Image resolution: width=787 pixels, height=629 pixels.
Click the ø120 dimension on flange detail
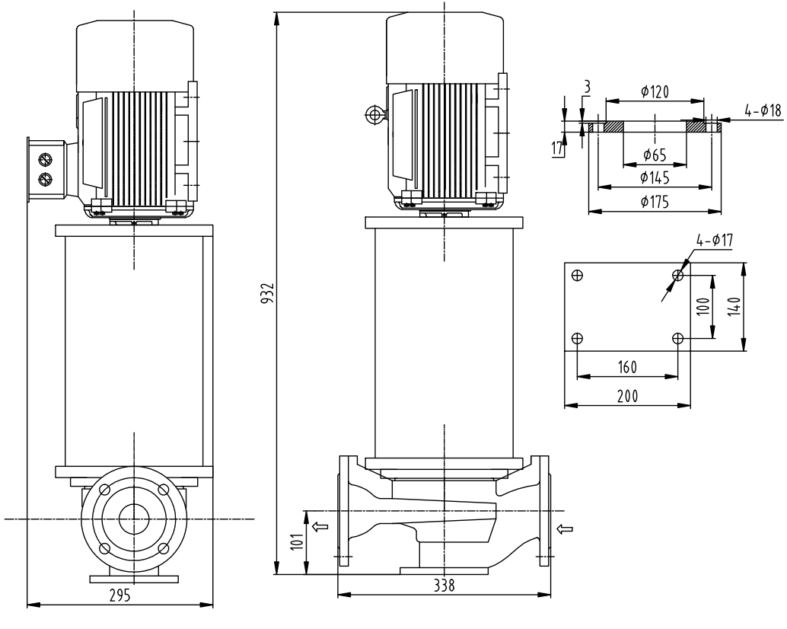(x=655, y=92)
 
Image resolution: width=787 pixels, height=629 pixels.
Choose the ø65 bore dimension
(x=654, y=155)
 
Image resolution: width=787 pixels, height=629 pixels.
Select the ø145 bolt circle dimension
(x=655, y=177)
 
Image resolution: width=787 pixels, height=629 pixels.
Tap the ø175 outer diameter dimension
(x=655, y=202)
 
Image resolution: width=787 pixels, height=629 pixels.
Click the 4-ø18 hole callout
(x=763, y=111)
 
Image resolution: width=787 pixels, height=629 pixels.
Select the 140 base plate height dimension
(x=732, y=305)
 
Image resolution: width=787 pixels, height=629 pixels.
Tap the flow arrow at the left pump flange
(x=322, y=525)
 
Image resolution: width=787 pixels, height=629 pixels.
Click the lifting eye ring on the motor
(x=374, y=115)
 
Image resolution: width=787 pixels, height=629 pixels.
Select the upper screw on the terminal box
(x=45, y=161)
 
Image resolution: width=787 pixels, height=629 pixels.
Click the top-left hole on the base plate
(x=577, y=275)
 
